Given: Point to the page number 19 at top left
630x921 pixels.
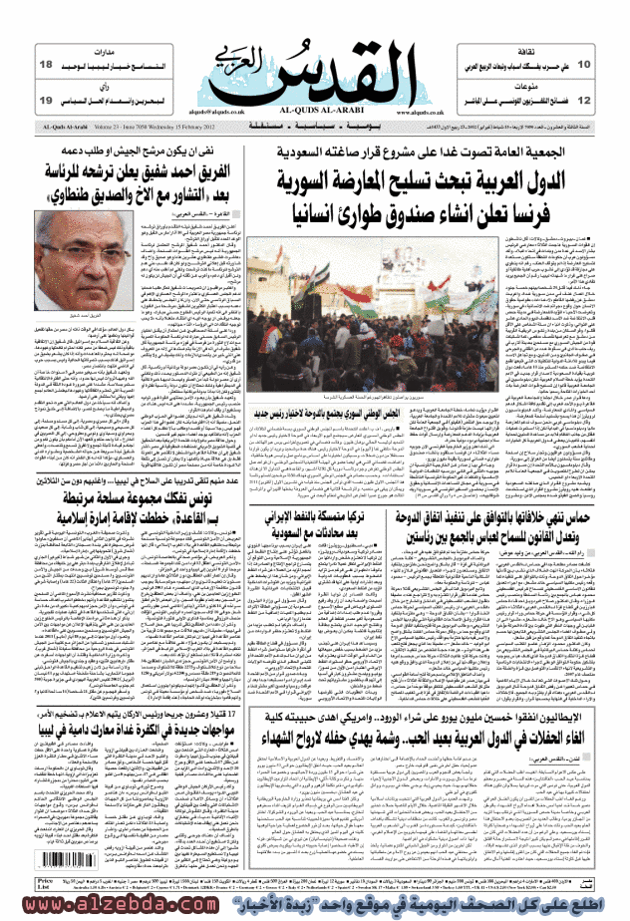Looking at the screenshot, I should [46, 102].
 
